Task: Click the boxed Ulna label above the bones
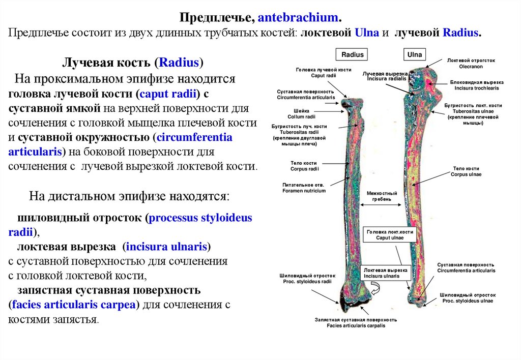click(415, 54)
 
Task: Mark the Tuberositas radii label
click(300, 132)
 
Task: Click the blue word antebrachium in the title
click(298, 18)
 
